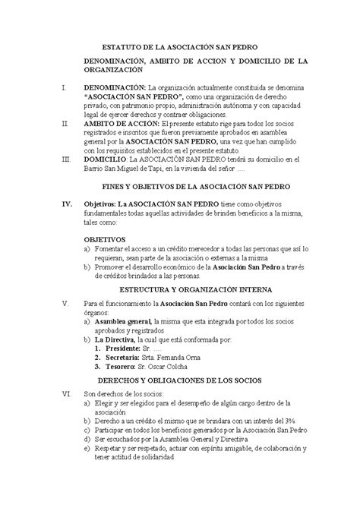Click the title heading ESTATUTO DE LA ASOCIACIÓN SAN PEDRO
coord(179,45)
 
